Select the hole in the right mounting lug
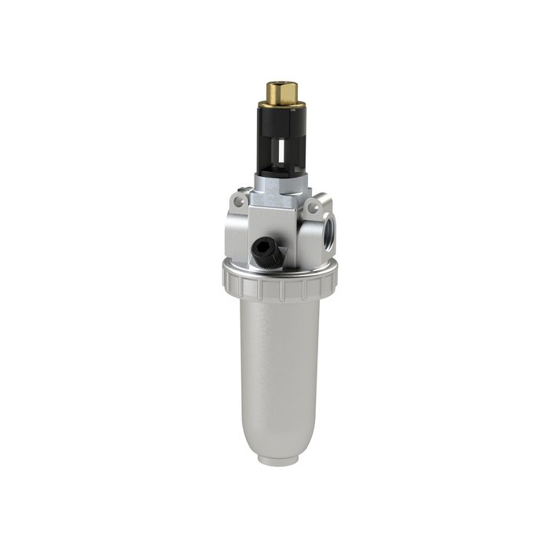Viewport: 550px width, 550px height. (x=315, y=207)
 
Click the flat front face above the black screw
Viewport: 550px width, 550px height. (x=275, y=224)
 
